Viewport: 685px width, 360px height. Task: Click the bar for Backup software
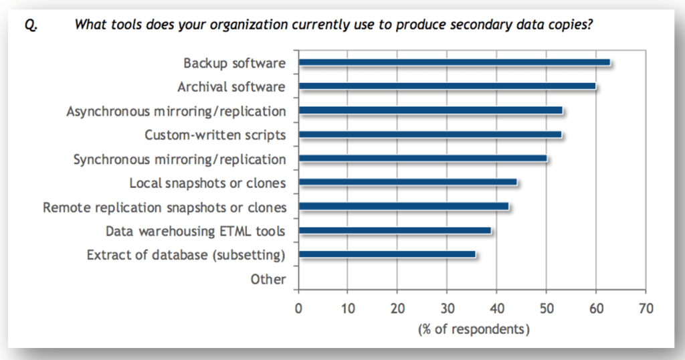tap(454, 63)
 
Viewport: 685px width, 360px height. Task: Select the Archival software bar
tap(447, 87)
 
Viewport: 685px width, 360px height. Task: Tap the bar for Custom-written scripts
tap(430, 135)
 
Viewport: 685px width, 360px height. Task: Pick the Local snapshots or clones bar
tap(407, 183)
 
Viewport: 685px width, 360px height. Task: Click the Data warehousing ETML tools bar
tap(395, 231)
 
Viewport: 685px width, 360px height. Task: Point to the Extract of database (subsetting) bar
tap(387, 255)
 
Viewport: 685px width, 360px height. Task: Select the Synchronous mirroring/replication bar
tap(423, 159)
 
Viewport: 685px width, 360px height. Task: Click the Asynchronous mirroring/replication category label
tap(176, 111)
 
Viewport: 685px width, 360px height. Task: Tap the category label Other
tap(268, 280)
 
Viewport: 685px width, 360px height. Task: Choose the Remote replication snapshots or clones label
tap(165, 207)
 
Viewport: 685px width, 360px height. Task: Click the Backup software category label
tap(235, 63)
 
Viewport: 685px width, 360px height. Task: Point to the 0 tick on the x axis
tap(298, 308)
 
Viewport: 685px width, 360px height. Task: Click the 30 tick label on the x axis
tap(446, 308)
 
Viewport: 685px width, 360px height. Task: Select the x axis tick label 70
tap(645, 308)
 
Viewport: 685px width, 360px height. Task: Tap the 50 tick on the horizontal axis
tap(546, 308)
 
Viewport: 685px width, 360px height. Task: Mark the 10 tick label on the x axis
tap(347, 308)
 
